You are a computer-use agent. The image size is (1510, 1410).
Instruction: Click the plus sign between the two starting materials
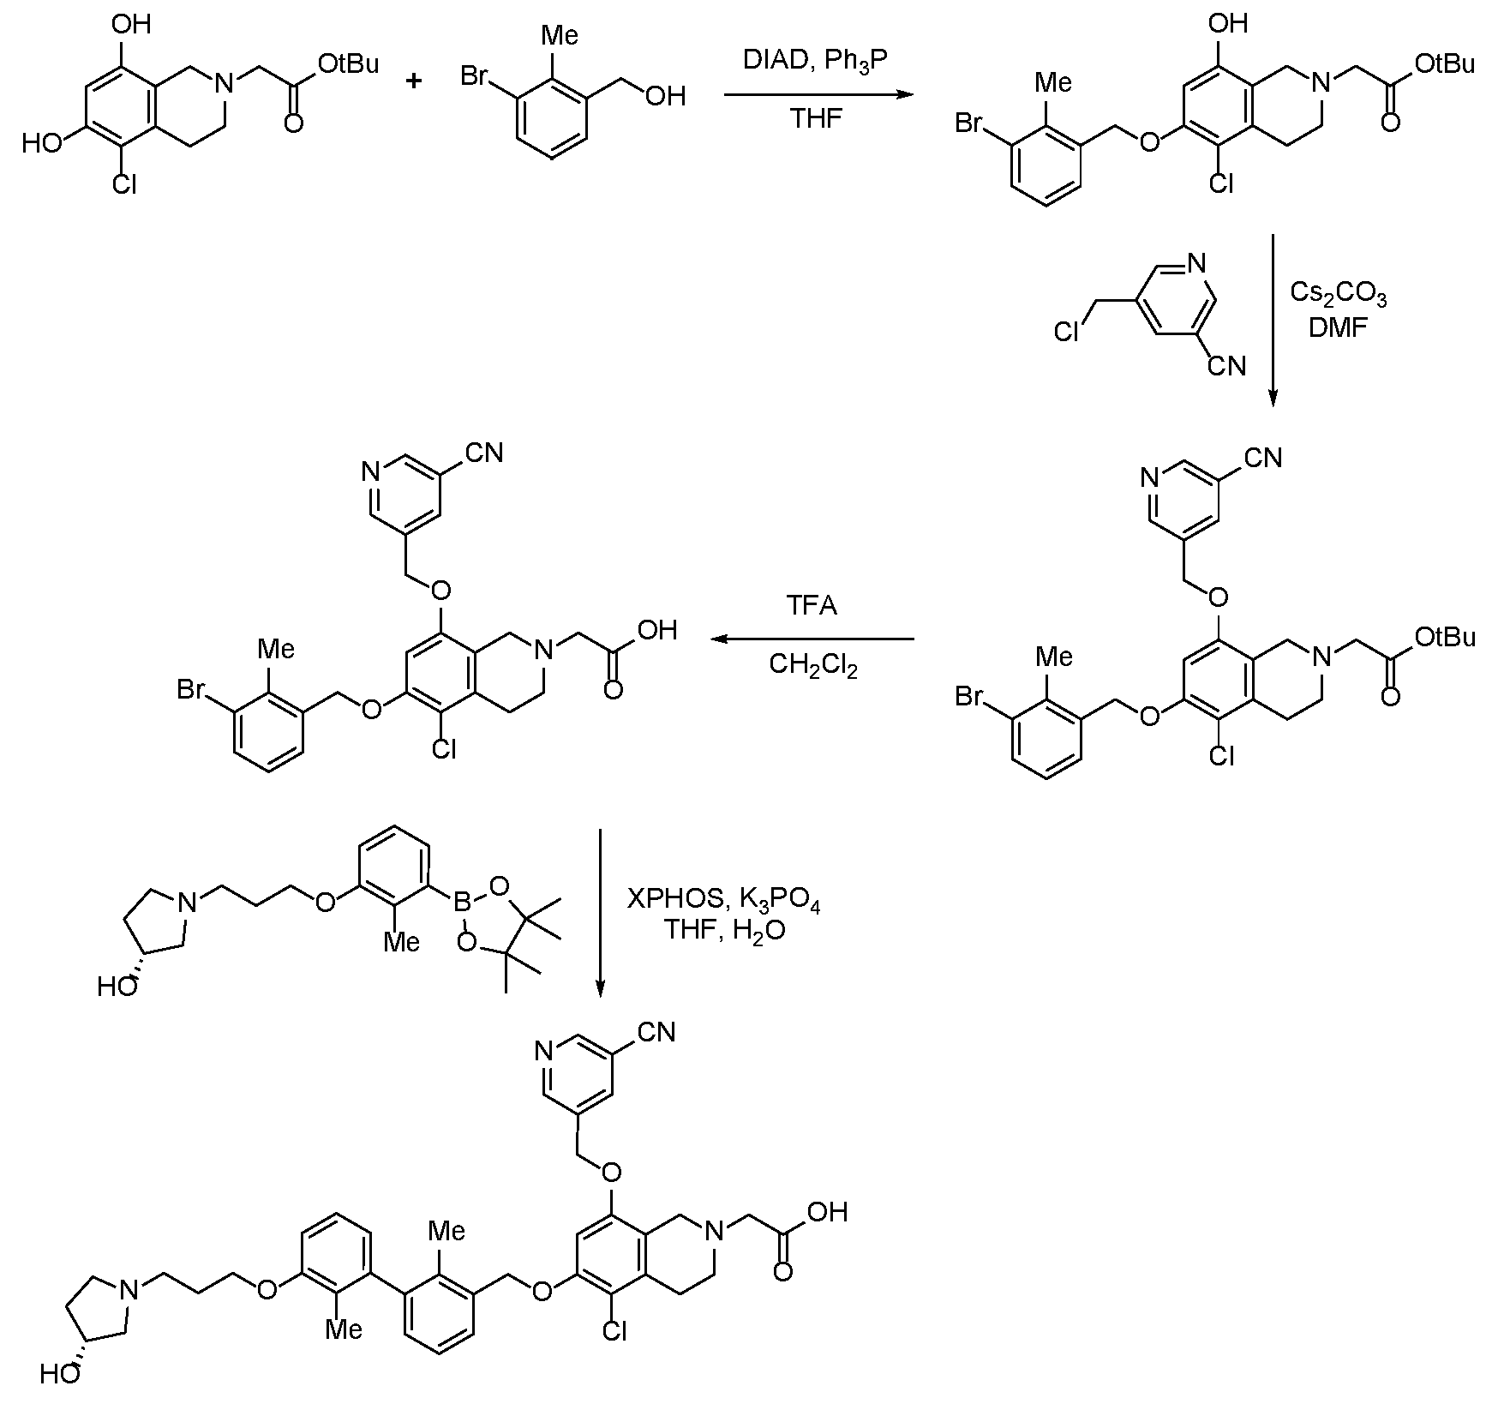(415, 81)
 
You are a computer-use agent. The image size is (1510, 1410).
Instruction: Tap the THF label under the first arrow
(816, 118)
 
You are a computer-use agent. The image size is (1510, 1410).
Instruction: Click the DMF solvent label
(1338, 328)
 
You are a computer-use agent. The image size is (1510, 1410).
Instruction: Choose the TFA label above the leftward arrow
(812, 606)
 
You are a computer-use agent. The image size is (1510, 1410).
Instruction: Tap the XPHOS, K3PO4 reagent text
(724, 901)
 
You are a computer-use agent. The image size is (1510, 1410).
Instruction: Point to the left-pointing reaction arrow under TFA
(812, 639)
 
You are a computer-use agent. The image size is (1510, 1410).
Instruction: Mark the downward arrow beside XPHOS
(600, 913)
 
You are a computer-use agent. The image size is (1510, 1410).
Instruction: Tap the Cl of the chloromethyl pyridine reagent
(1067, 332)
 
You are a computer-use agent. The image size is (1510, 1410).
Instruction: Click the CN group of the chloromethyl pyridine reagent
(1226, 367)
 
